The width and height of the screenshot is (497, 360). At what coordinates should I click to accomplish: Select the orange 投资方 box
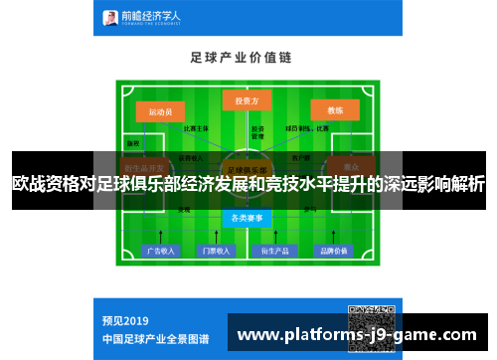tap(247, 101)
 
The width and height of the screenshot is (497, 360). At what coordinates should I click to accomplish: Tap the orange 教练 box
tap(335, 110)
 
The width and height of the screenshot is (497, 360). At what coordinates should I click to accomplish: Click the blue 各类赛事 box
tap(247, 218)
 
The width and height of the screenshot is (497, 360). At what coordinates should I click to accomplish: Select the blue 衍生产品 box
tap(275, 251)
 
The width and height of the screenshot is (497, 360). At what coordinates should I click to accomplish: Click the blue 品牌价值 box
tap(333, 251)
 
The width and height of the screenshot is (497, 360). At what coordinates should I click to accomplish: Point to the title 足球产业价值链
tap(248, 58)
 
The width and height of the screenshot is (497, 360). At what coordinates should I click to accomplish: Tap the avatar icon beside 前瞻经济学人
tap(111, 17)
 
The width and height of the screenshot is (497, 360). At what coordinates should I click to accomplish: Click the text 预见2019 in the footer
tap(125, 320)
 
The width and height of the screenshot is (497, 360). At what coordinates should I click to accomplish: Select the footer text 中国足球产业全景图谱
tap(155, 338)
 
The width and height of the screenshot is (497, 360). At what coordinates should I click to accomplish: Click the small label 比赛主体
tap(197, 128)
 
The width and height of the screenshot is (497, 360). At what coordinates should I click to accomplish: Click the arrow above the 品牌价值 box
tap(333, 236)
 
